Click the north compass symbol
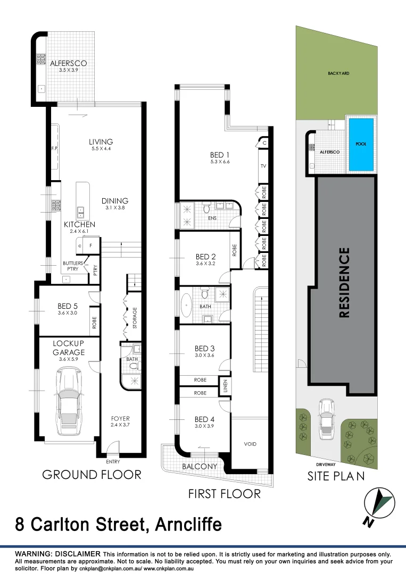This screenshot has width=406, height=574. pyautogui.click(x=379, y=504)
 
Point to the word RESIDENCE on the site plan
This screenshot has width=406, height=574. pyautogui.click(x=345, y=282)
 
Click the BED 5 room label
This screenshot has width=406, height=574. pyautogui.click(x=68, y=306)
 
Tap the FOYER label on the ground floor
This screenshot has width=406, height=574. pyautogui.click(x=120, y=418)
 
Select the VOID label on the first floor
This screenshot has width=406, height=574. pyautogui.click(x=251, y=444)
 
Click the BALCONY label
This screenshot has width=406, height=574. pyautogui.click(x=200, y=467)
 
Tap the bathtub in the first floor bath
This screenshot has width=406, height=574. pyautogui.click(x=187, y=308)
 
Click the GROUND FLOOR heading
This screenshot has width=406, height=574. pyautogui.click(x=92, y=475)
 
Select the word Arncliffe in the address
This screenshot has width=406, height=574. pyautogui.click(x=188, y=525)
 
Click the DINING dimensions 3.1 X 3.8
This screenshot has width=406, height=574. pyautogui.click(x=115, y=209)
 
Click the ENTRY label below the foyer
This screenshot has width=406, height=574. pyautogui.click(x=113, y=462)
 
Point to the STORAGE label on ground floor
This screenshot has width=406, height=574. pyautogui.click(x=135, y=317)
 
